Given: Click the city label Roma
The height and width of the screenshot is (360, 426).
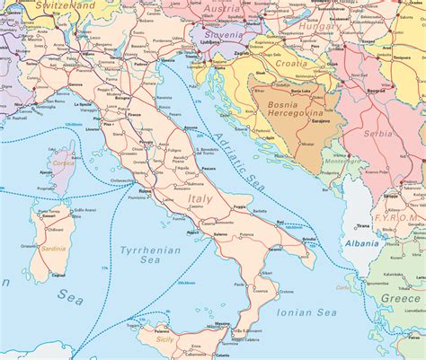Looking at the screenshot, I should (146, 190).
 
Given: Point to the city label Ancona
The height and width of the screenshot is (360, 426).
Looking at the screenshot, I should (190, 128).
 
